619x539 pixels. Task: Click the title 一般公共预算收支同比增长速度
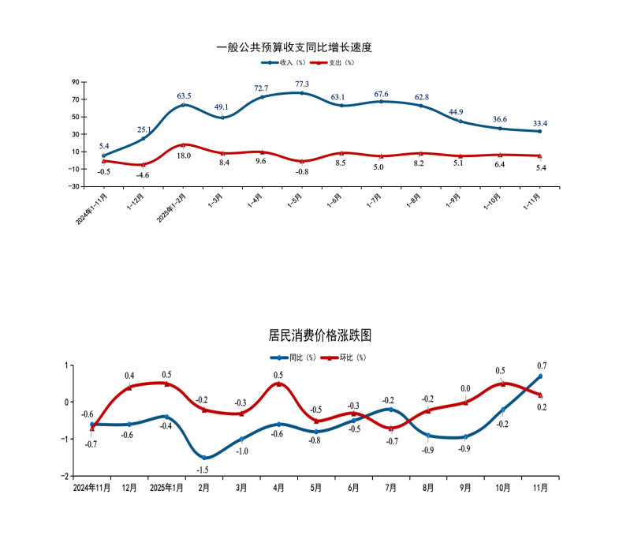click(x=293, y=47)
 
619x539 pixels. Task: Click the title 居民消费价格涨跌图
click(x=319, y=335)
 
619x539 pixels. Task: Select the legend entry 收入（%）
click(x=282, y=62)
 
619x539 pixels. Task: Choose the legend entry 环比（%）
click(x=347, y=357)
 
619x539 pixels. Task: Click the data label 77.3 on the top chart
click(x=302, y=84)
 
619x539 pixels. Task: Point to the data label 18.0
click(x=183, y=156)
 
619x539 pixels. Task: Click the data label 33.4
click(x=540, y=123)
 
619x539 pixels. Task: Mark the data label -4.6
click(x=143, y=174)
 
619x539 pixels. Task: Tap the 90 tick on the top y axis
click(x=76, y=82)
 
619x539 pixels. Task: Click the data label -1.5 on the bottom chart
click(x=203, y=470)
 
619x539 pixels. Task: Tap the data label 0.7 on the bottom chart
click(x=542, y=365)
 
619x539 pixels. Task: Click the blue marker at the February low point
click(x=204, y=458)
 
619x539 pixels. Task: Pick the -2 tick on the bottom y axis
click(x=66, y=477)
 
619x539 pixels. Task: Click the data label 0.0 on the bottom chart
click(x=465, y=388)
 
